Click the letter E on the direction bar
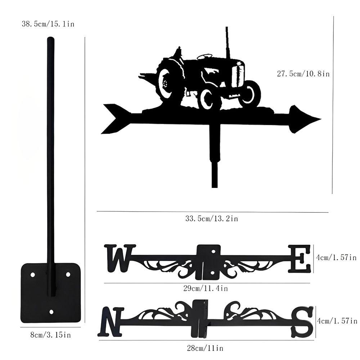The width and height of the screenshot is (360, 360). [299, 258]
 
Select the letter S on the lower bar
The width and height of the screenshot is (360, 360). [302, 321]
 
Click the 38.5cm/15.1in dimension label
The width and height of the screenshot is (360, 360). [48, 24]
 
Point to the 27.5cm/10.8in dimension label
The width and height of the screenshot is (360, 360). [303, 74]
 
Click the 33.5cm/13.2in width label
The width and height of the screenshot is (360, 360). [211, 218]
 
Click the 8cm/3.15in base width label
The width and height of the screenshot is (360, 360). [50, 335]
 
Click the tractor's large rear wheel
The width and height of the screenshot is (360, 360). [168, 83]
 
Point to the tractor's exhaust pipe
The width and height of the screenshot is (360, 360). [227, 41]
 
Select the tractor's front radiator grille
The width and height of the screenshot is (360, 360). [238, 75]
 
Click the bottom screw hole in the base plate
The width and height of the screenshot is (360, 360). [51, 312]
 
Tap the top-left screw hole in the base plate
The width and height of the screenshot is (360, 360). [33, 275]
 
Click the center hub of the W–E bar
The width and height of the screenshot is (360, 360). [209, 262]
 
